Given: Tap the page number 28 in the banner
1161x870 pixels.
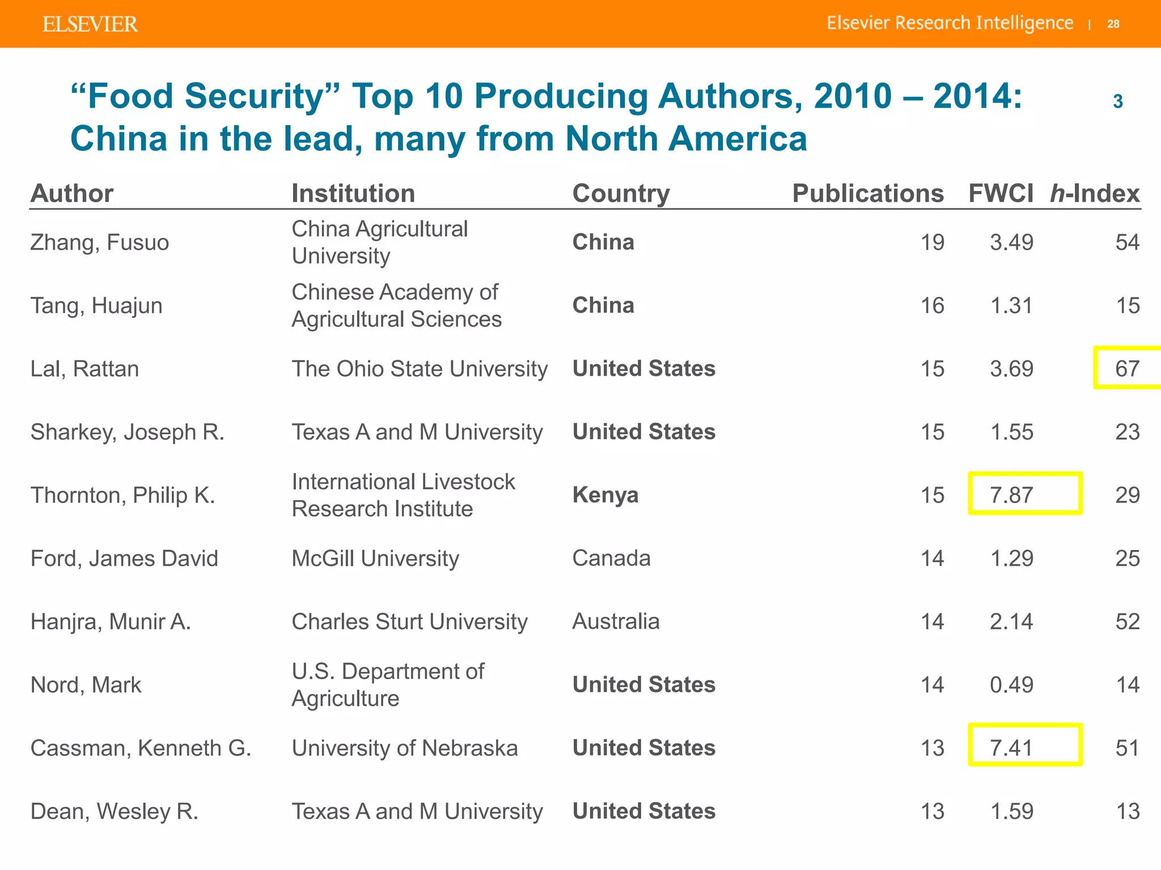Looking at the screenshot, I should [1113, 24].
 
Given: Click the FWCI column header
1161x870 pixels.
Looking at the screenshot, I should [1001, 193].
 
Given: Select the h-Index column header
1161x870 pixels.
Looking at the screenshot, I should [1094, 193].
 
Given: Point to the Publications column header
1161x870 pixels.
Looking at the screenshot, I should [867, 193].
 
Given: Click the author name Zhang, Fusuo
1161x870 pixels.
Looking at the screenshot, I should [100, 242].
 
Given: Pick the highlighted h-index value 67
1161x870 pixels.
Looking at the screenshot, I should [1127, 369].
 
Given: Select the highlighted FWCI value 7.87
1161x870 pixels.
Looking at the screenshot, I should [1012, 495].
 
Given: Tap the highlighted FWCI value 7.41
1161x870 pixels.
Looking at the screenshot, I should [1012, 748].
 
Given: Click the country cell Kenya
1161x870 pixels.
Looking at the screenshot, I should [605, 495].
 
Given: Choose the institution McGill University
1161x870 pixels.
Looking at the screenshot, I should [375, 558].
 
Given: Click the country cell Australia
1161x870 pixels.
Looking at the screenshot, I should [616, 621].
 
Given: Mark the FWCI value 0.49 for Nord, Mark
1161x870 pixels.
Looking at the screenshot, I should [1011, 685].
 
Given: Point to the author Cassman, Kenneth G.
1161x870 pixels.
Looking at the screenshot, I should [141, 748].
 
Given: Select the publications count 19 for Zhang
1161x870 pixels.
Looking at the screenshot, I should [932, 242].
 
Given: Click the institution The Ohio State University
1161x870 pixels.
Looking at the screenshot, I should [420, 369].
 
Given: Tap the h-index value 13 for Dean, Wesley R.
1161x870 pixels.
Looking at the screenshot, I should [1127, 811].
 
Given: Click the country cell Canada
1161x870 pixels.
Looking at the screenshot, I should [611, 558].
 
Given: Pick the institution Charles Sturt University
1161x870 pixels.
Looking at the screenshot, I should [409, 621].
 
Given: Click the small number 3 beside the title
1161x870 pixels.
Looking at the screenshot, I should [1117, 101].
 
